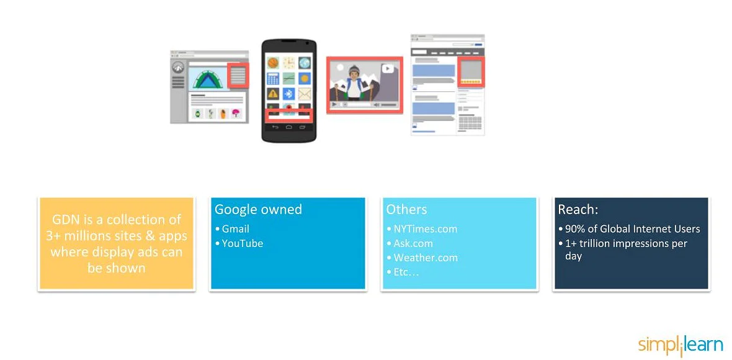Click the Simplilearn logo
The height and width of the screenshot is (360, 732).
[x=680, y=346]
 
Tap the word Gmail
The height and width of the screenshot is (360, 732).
[x=235, y=229]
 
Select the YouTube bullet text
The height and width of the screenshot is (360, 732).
[x=242, y=243]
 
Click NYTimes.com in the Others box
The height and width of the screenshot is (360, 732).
[x=425, y=229]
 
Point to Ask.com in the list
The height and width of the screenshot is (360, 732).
[x=413, y=243]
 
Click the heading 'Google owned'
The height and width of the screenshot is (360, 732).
[x=258, y=210]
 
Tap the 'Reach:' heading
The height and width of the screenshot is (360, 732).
[x=578, y=210]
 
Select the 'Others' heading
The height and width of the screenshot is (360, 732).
[x=406, y=210]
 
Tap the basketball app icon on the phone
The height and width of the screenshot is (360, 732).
[x=273, y=63]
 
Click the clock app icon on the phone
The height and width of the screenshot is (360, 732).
[x=288, y=63]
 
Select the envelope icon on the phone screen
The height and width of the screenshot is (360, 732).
[x=304, y=94]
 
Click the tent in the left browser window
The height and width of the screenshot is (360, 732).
[x=208, y=79]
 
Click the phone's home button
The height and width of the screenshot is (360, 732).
[x=288, y=127]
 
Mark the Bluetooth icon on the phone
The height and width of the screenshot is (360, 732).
[x=288, y=94]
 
